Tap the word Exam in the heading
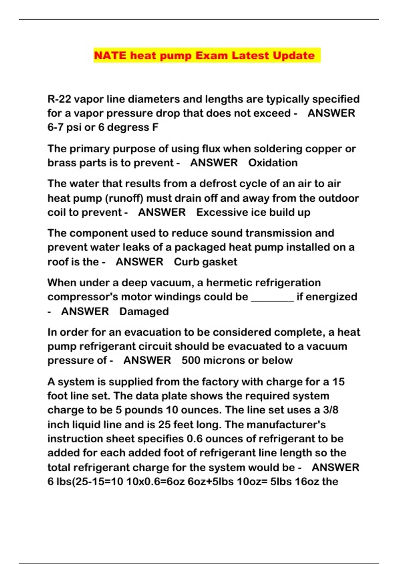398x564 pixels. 211,55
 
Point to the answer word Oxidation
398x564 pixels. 273,163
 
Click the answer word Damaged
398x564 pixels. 144,311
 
